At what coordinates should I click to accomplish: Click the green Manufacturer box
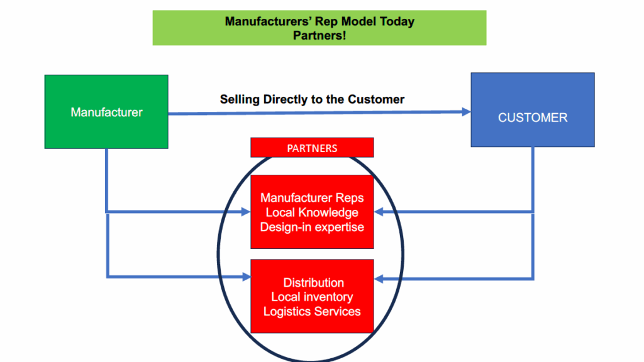[x=106, y=112]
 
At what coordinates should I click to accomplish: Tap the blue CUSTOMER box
[x=533, y=118]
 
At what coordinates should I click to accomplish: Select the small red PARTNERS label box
[x=312, y=148]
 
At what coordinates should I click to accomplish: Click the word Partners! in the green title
[x=319, y=35]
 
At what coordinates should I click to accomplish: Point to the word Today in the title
[x=397, y=21]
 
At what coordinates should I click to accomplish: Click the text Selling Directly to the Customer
[x=312, y=99]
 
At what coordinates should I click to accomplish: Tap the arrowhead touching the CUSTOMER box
[x=466, y=112]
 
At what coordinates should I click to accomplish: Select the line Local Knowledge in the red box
[x=312, y=212]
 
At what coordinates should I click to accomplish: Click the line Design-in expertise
[x=312, y=227]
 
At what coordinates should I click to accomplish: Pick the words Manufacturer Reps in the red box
[x=312, y=198]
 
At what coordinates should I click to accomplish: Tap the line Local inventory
[x=312, y=297]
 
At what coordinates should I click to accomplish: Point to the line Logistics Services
[x=312, y=311]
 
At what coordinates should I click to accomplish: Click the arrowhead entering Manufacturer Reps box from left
[x=246, y=212]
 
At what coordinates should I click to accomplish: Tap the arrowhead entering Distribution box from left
[x=246, y=276]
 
